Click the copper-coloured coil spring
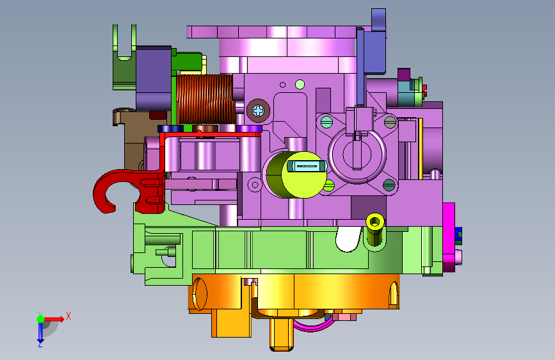pyautogui.click(x=205, y=99)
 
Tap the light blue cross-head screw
pyautogui.click(x=259, y=111)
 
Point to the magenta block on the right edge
pyautogui.click(x=449, y=237)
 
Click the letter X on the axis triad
pyautogui.click(x=68, y=316)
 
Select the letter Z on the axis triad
pyautogui.click(x=40, y=344)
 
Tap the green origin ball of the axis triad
pyautogui.click(x=40, y=319)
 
